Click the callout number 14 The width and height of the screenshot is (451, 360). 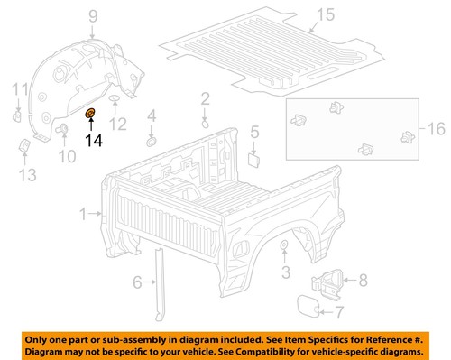pyautogui.click(x=94, y=140)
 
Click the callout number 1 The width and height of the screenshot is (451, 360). pyautogui.click(x=84, y=215)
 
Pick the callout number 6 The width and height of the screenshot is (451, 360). pyautogui.click(x=138, y=283)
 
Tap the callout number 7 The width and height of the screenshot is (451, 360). pyautogui.click(x=338, y=313)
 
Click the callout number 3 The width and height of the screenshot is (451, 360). pyautogui.click(x=285, y=271)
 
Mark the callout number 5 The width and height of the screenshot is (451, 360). pyautogui.click(x=255, y=133)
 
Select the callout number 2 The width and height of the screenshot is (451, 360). pyautogui.click(x=205, y=97)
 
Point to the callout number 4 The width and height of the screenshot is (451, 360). pyautogui.click(x=152, y=115)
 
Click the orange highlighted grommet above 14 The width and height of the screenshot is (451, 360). pyautogui.click(x=90, y=114)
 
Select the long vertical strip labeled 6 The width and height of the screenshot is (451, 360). pyautogui.click(x=161, y=284)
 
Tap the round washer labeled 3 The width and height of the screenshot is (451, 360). pyautogui.click(x=284, y=246)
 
